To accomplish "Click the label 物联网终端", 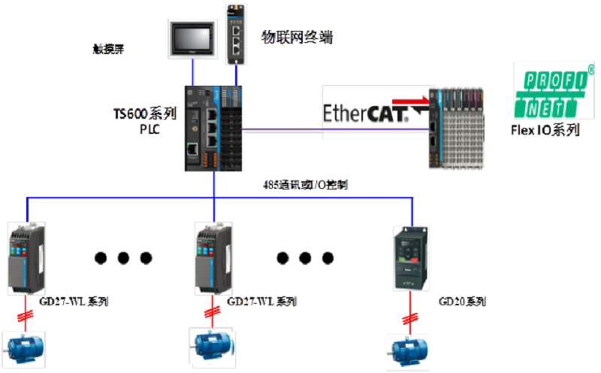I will pos(296,36).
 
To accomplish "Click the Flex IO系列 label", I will pos(545,130).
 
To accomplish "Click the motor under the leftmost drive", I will pos(26,347).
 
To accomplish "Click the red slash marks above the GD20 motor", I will pos(409,320).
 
